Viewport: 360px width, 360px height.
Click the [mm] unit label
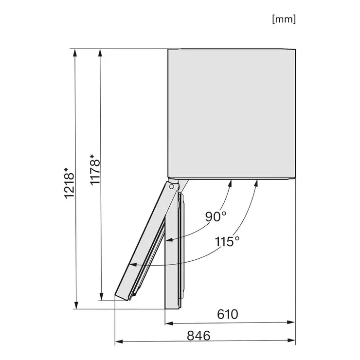click(x=284, y=19)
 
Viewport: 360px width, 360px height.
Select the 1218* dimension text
click(x=69, y=183)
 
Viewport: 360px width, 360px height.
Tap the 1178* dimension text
click(x=94, y=169)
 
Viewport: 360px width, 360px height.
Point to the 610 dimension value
click(x=228, y=314)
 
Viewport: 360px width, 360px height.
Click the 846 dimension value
click(x=198, y=336)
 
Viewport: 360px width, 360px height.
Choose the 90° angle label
click(x=216, y=216)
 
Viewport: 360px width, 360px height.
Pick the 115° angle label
click(x=227, y=241)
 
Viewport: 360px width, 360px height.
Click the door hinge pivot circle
click(x=171, y=187)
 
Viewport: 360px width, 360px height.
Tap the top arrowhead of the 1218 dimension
click(x=74, y=53)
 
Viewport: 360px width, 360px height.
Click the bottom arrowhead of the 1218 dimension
click(x=76, y=306)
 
